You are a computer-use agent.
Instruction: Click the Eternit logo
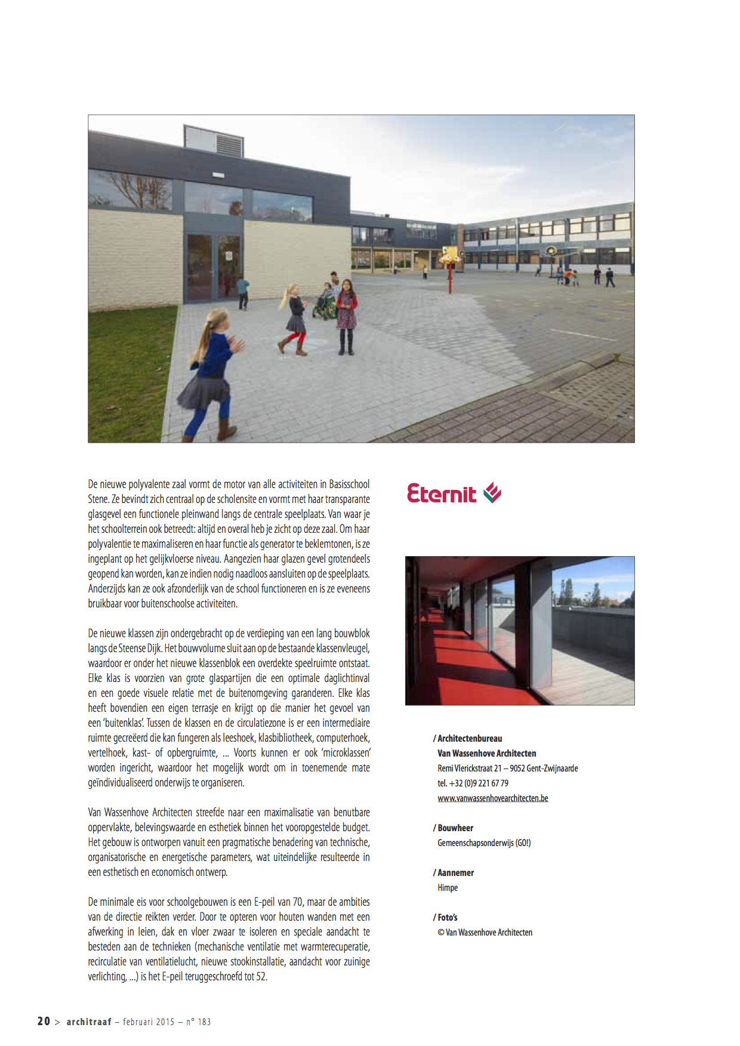point(454,493)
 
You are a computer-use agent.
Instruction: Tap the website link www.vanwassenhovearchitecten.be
point(492,798)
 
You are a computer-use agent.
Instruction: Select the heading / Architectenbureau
point(468,739)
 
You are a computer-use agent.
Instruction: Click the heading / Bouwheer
point(454,828)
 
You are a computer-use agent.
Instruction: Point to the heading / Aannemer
point(454,873)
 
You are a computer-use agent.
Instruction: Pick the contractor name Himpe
point(448,888)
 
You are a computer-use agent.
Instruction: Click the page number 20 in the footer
point(44,1021)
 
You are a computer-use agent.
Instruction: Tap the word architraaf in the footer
point(89,1022)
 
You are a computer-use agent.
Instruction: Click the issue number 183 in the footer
point(204,1022)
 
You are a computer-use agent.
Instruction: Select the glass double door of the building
point(213,265)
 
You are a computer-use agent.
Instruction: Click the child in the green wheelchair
point(325,301)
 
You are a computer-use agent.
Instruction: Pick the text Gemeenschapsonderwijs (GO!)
point(484,843)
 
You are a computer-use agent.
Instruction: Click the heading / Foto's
point(445,918)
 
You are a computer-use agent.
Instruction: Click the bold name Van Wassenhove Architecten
point(486,754)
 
